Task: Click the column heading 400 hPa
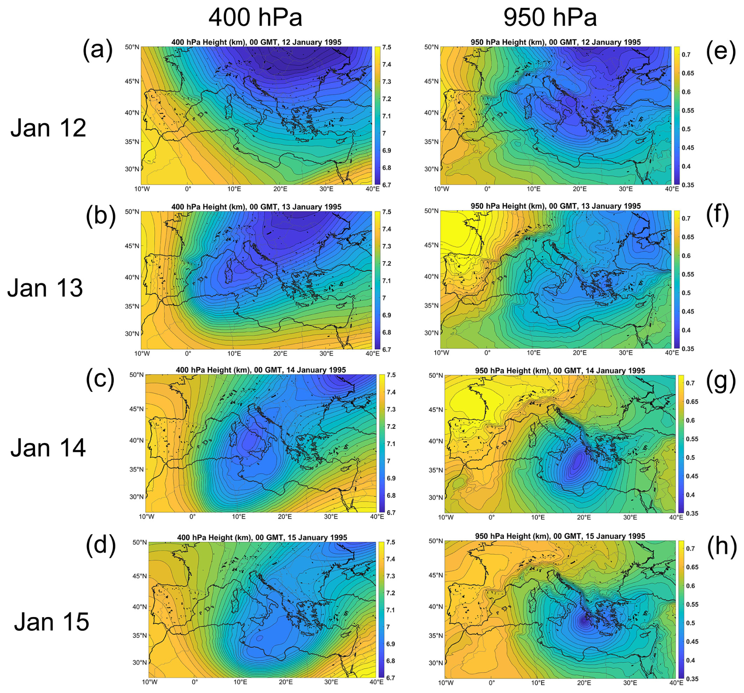coord(255,18)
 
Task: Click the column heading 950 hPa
coord(550,18)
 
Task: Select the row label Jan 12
coord(48,128)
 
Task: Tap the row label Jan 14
coord(48,448)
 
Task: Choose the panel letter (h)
coord(722,546)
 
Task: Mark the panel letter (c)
coord(100,379)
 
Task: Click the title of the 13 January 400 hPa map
coord(256,207)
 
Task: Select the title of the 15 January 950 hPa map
coord(560,536)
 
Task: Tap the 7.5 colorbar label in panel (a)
coord(387,47)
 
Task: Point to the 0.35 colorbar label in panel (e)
coord(688,185)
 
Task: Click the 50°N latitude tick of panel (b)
coord(132,212)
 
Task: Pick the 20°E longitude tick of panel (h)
coord(584,682)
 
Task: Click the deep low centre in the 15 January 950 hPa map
coord(584,621)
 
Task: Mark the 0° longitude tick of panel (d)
coord(195,682)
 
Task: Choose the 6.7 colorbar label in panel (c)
coord(391,513)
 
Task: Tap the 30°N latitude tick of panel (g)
coord(436,497)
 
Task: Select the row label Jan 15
coord(52,622)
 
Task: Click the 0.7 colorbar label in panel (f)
coord(686,218)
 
